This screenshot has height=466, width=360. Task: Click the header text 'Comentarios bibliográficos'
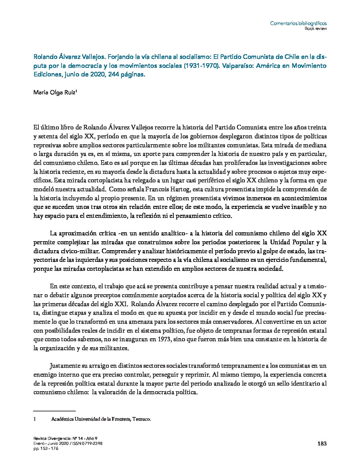[298, 23]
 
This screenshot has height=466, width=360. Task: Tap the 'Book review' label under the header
[316, 28]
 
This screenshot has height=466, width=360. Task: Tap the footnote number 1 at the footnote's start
[35, 419]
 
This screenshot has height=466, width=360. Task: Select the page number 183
[322, 444]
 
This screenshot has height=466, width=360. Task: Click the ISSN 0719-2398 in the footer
[87, 443]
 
